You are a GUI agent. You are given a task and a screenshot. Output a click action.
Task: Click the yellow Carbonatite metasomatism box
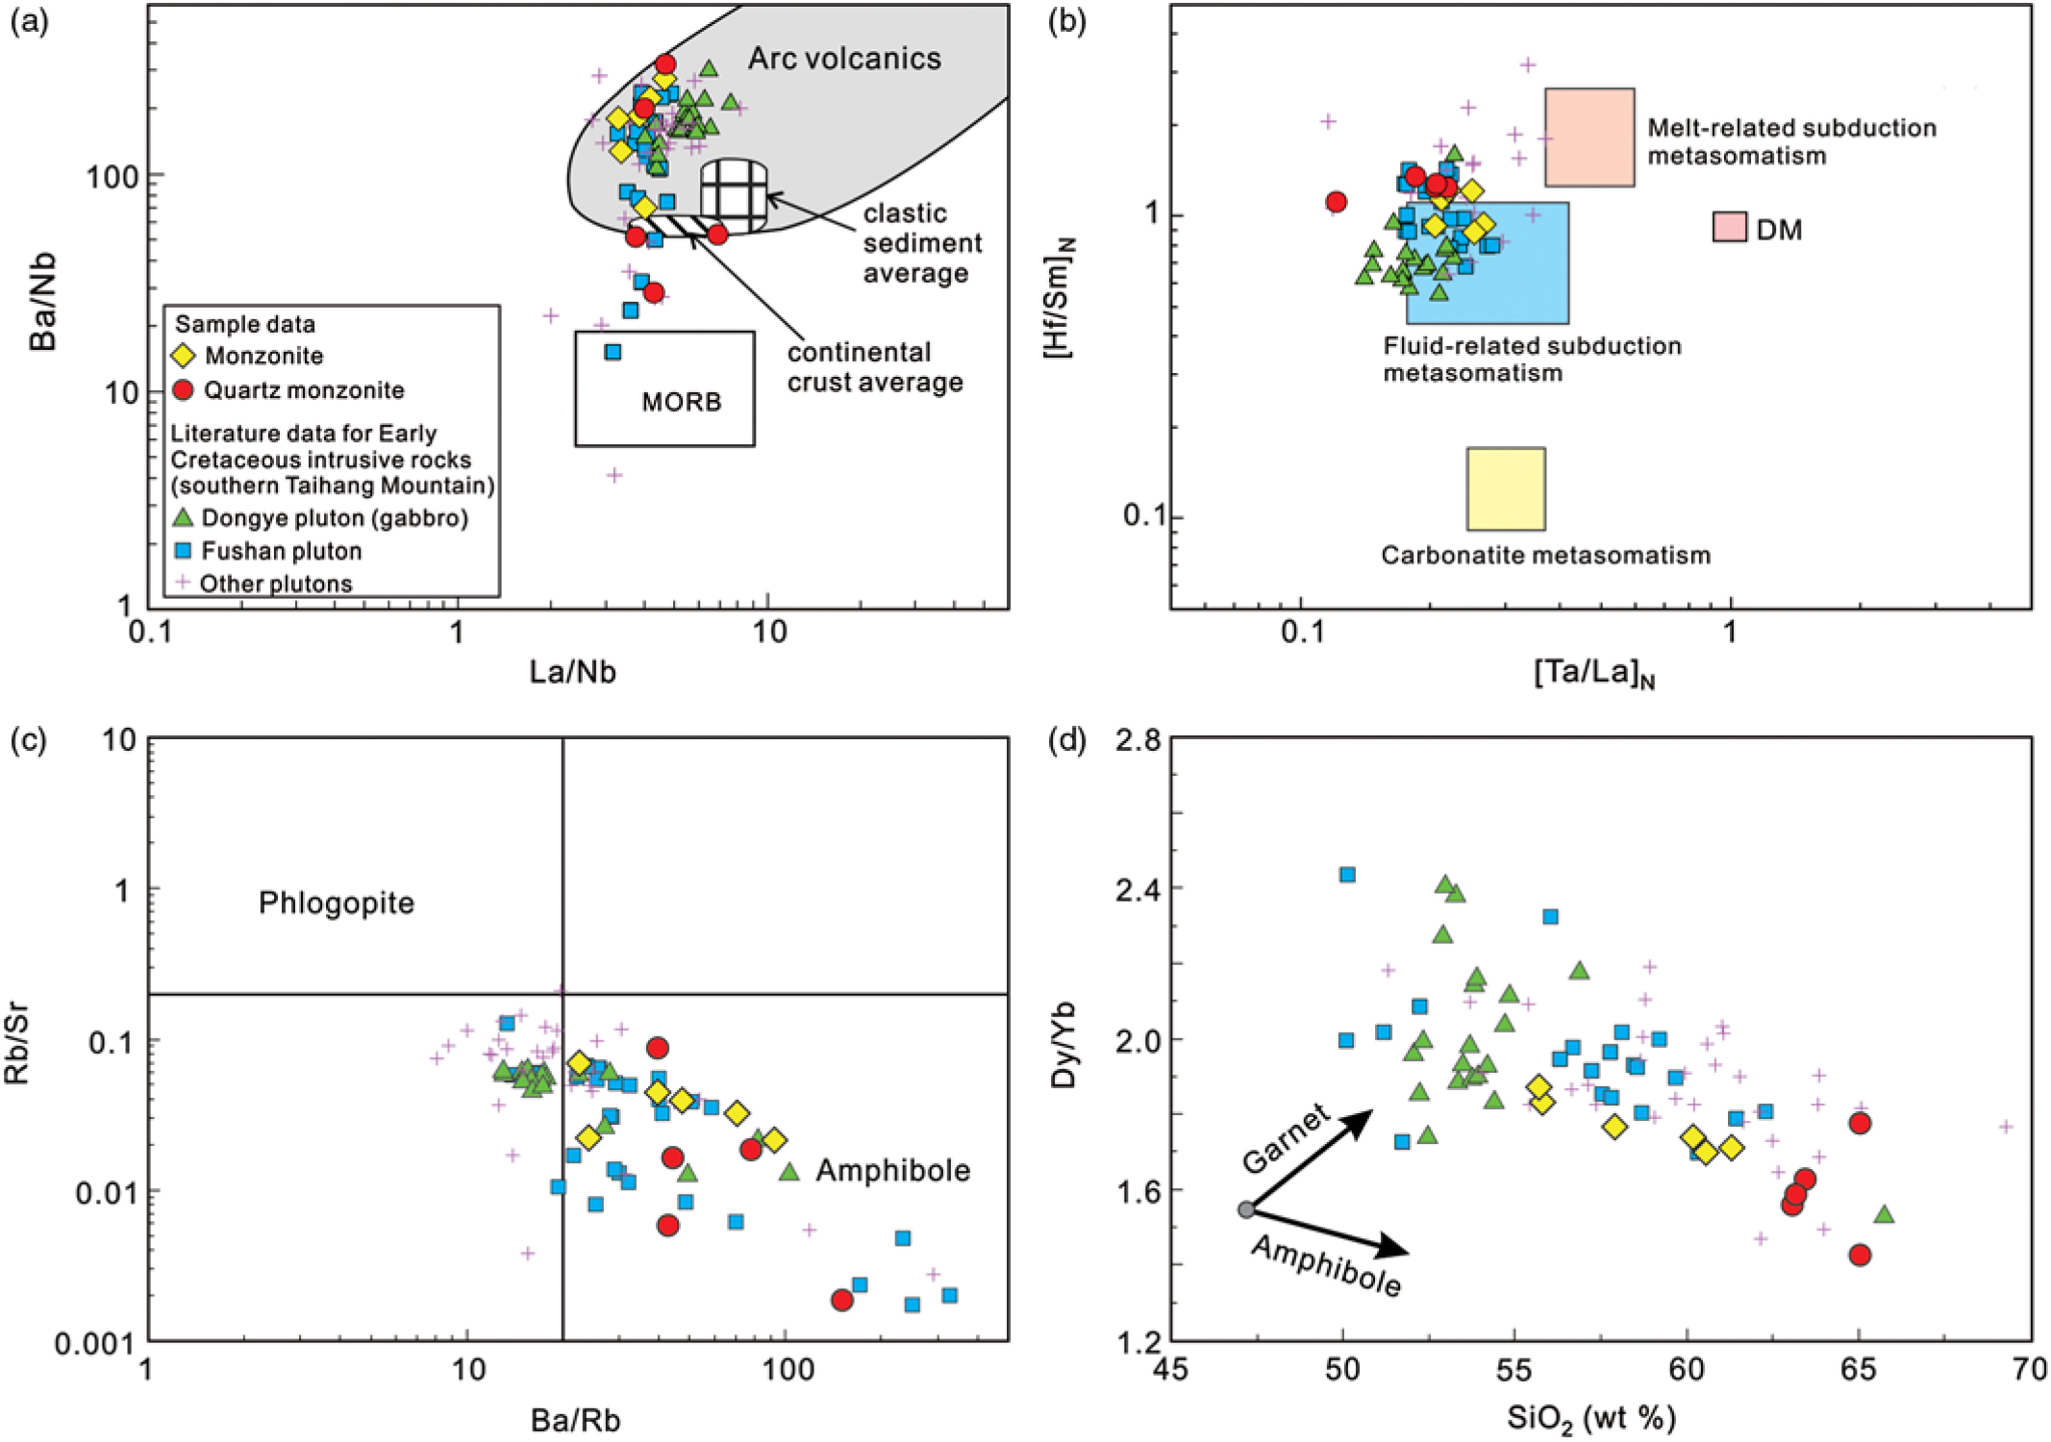click(1506, 488)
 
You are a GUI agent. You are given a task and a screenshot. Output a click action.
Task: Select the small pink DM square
click(1729, 227)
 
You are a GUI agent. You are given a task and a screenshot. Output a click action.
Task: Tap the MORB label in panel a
click(681, 401)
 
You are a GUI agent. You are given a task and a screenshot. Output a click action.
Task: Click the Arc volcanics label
click(844, 59)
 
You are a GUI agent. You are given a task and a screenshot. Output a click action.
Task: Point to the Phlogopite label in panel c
click(336, 903)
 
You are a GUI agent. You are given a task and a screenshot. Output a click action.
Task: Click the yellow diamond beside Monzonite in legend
click(183, 356)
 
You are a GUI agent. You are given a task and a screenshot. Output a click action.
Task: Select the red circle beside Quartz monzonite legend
click(183, 389)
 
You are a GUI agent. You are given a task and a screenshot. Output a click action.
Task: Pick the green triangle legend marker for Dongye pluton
click(183, 517)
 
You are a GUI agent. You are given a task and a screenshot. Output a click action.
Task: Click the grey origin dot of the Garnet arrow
click(1246, 1209)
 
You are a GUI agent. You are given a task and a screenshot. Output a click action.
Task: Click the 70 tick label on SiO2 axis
click(2030, 1368)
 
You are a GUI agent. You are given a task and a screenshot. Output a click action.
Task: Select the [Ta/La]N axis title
click(1593, 673)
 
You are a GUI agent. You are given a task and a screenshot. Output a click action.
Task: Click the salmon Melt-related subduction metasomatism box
click(1588, 137)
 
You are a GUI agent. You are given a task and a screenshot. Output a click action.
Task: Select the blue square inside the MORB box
click(613, 352)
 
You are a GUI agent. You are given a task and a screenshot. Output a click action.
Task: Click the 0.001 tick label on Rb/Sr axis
click(94, 1343)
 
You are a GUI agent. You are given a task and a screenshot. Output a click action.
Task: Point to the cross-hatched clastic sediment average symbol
click(734, 194)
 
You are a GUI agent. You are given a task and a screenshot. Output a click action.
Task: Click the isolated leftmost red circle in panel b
click(1336, 202)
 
